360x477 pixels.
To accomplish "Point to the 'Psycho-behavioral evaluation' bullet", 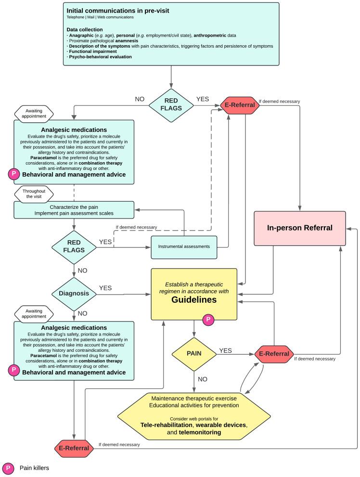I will tap(99, 57).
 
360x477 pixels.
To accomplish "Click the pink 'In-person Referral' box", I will tap(299, 228).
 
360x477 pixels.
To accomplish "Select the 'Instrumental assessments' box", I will tap(184, 246).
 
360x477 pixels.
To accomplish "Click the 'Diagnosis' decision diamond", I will tap(75, 294).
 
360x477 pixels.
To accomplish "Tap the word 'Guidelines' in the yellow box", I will tap(194, 299).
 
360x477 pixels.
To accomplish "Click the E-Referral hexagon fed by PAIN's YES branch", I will tap(274, 354).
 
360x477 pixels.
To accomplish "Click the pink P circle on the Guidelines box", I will tap(208, 319).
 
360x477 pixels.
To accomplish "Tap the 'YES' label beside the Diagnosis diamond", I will tap(105, 288).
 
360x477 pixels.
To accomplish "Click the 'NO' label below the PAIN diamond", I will tap(202, 379).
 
